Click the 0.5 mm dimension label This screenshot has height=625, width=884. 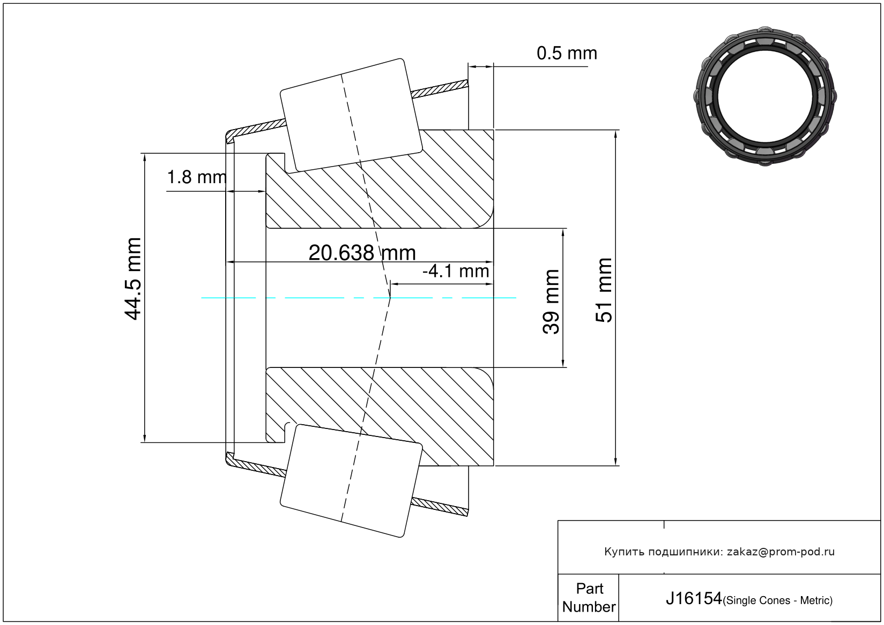point(567,53)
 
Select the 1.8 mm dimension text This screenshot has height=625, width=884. point(197,177)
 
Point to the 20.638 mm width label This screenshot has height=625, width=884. point(362,253)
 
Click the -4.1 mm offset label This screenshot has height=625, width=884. point(456,272)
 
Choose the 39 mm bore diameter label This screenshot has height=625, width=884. point(551,302)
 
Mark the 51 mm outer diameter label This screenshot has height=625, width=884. point(604,290)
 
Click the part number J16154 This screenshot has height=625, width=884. point(694,599)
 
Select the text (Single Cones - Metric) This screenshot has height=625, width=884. point(777,600)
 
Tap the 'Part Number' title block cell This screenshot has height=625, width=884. point(589,598)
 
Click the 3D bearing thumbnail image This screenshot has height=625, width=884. point(765,96)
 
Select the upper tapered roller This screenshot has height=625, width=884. point(351,116)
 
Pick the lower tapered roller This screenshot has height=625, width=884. point(351,481)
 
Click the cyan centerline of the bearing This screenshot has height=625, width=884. point(359,298)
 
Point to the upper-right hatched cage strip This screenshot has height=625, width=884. point(439,89)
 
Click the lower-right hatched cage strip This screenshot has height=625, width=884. point(439,507)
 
